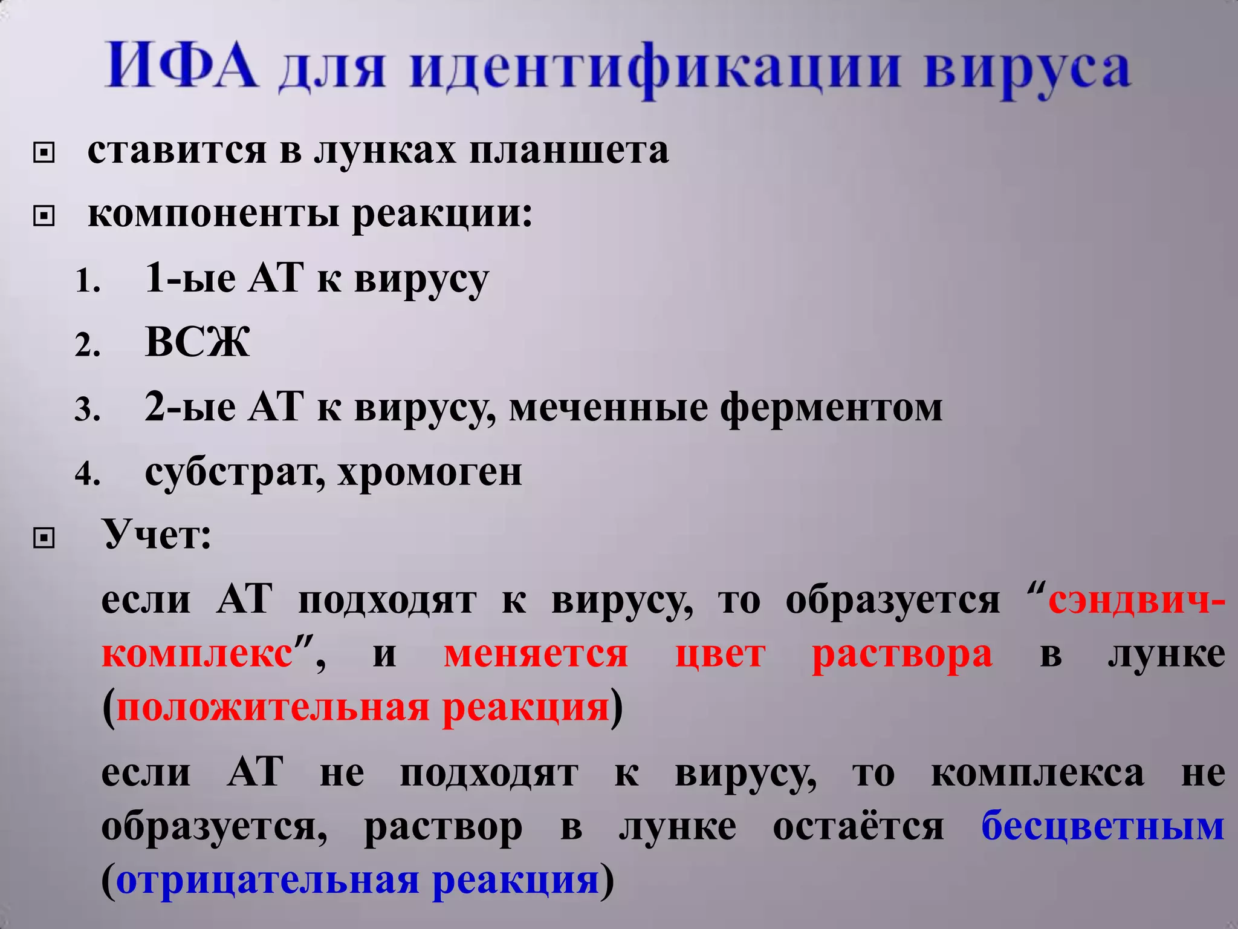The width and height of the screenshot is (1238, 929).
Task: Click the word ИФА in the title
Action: (181, 65)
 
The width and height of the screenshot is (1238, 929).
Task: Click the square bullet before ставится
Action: (44, 154)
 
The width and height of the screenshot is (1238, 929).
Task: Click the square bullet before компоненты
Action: (44, 216)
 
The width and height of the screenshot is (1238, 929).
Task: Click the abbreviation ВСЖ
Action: (198, 342)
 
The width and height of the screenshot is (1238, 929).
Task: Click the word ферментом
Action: (831, 407)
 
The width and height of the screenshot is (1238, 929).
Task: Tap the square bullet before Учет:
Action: (44, 537)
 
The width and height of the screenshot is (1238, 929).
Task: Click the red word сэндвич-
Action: (1136, 601)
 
